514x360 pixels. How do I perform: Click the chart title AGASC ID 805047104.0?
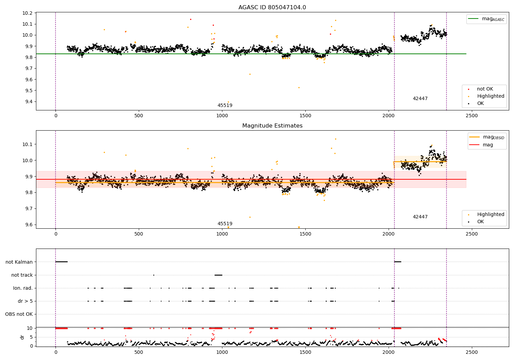(x=272, y=8)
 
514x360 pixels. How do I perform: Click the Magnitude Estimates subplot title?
(x=272, y=126)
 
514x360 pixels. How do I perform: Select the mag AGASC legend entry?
(x=486, y=19)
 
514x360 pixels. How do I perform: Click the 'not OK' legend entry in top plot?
(x=485, y=89)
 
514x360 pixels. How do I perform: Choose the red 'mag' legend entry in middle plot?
(x=487, y=145)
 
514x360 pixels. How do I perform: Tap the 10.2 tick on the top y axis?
(x=27, y=13)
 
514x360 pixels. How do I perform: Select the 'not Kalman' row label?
(x=19, y=262)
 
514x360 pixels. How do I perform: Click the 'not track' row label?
(x=22, y=275)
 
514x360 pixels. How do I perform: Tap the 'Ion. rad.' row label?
(x=23, y=288)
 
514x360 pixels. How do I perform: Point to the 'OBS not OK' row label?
(x=19, y=314)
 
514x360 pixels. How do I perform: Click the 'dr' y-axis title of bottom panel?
(x=22, y=337)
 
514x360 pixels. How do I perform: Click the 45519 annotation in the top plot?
(x=225, y=106)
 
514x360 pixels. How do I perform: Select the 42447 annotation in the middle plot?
(x=420, y=217)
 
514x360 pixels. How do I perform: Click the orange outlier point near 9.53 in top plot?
(x=299, y=88)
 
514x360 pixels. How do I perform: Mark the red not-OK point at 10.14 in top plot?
(x=191, y=19)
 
